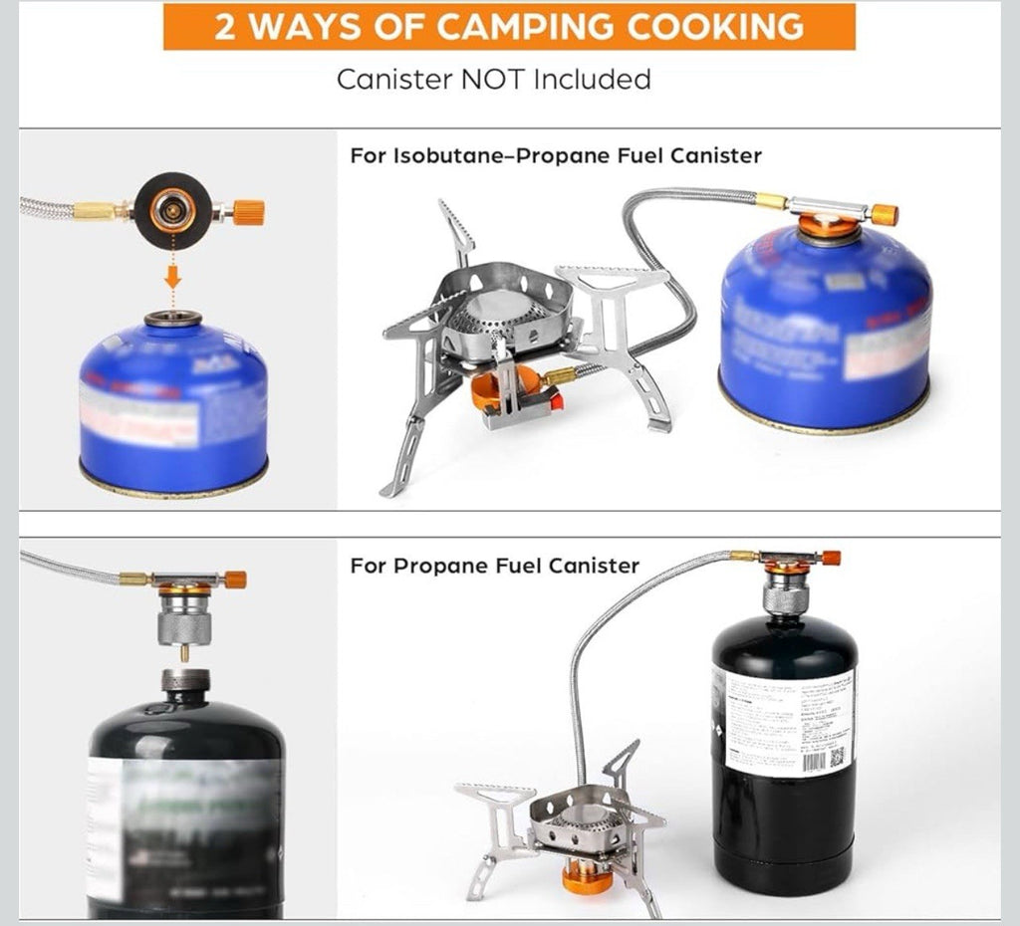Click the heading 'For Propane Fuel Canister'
(494, 566)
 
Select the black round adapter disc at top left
(170, 210)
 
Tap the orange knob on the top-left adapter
(249, 211)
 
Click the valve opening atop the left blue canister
(172, 320)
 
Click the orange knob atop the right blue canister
(884, 214)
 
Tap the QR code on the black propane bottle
(837, 758)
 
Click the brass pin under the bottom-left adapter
(184, 653)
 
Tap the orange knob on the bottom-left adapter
(234, 579)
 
